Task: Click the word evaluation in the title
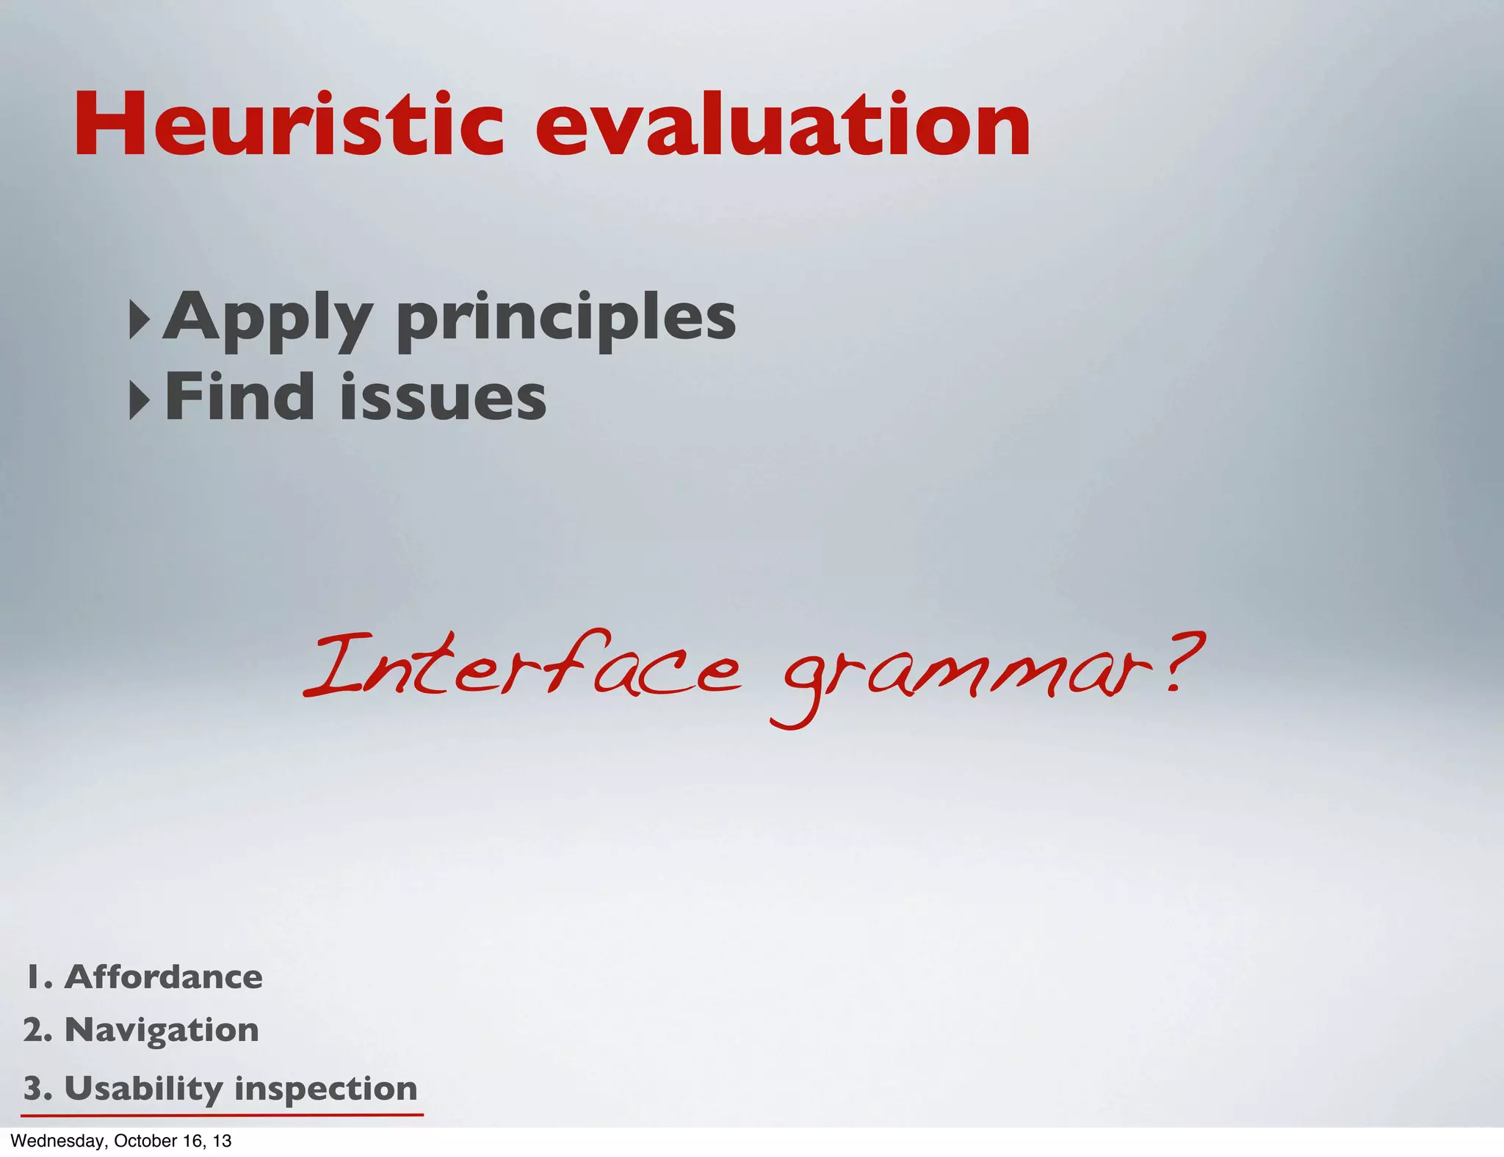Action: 783,125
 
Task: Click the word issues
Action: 443,399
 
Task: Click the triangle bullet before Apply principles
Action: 139,319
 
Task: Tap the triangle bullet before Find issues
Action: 139,400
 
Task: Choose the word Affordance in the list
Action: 163,977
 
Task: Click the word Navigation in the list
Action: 162,1030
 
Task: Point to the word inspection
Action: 325,1089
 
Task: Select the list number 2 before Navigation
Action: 36,1030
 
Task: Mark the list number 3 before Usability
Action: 36,1088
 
